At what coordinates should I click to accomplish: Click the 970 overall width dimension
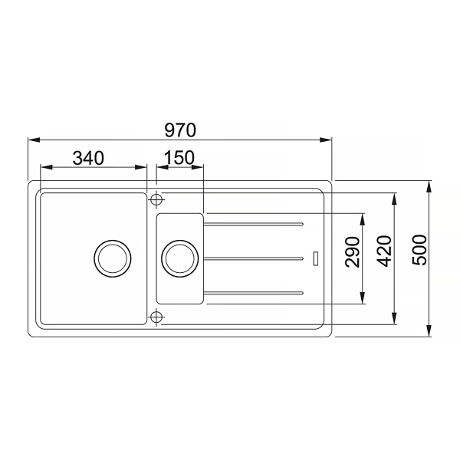pyautogui.click(x=180, y=130)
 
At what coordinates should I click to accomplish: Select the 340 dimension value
pyautogui.click(x=88, y=158)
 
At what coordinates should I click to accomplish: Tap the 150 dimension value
pyautogui.click(x=179, y=157)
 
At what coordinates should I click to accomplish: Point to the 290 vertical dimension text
pyautogui.click(x=353, y=252)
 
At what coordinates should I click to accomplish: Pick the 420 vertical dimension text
pyautogui.click(x=385, y=251)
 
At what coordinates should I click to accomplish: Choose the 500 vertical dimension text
pyautogui.click(x=419, y=250)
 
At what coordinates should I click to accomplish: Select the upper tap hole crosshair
pyautogui.click(x=156, y=200)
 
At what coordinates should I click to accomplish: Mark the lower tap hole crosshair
pyautogui.click(x=156, y=317)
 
